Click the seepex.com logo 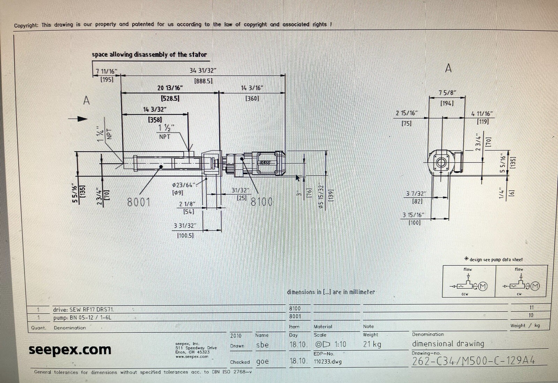(x=70, y=350)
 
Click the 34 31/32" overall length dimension (x=203, y=70)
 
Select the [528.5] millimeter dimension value (x=170, y=99)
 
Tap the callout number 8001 (x=138, y=202)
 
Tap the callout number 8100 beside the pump (x=262, y=202)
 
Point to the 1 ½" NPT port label (x=166, y=132)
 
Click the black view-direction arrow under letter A (x=78, y=119)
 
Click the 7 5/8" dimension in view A (x=447, y=93)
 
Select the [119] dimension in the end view (x=483, y=122)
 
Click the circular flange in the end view (x=441, y=163)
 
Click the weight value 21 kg (x=372, y=344)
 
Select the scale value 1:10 (x=340, y=344)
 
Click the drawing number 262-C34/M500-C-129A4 (x=473, y=361)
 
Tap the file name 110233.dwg (x=327, y=362)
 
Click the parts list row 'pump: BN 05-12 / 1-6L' (x=82, y=317)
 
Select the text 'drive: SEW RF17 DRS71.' (x=83, y=309)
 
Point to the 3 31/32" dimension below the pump (x=185, y=226)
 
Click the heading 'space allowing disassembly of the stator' (x=149, y=55)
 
